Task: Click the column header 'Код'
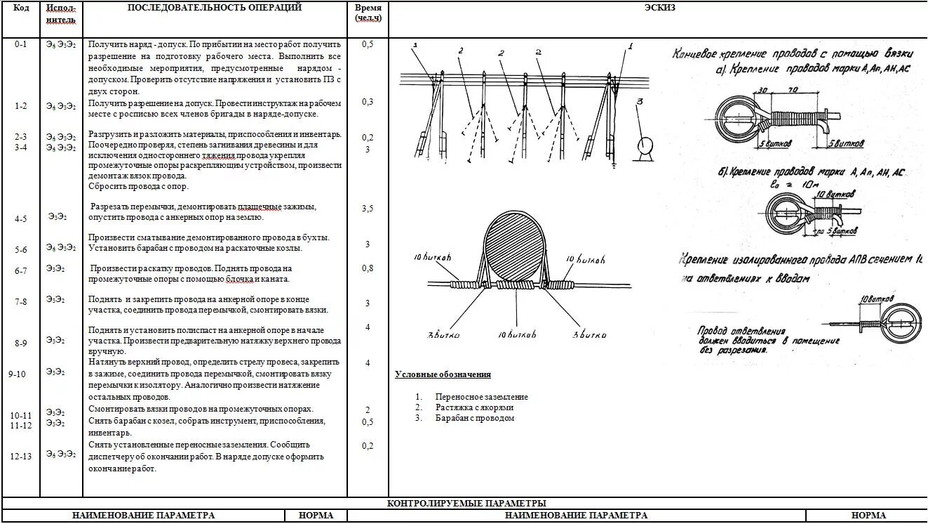pos(21,8)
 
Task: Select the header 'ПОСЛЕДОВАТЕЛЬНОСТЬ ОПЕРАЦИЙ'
pos(215,8)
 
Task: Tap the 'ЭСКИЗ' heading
pos(659,8)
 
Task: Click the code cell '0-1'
pos(21,44)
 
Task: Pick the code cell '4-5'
pos(21,218)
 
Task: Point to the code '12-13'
pos(21,456)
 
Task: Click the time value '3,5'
pos(368,209)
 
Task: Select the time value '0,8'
pos(368,268)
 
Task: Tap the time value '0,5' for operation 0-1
pos(368,44)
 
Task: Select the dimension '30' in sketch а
pos(762,91)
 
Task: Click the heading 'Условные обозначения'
pos(443,374)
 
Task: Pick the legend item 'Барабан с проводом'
pos(474,418)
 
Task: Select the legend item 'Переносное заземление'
pos(481,397)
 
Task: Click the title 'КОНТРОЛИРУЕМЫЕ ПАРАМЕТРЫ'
pos(466,504)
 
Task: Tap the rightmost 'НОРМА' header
pos(868,516)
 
